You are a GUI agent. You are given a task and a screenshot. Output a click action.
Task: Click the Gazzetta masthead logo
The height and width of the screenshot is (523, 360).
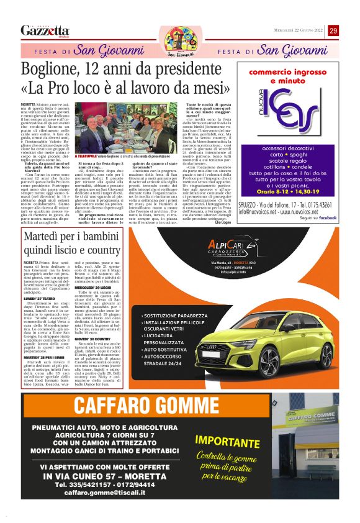coord(45,30)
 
